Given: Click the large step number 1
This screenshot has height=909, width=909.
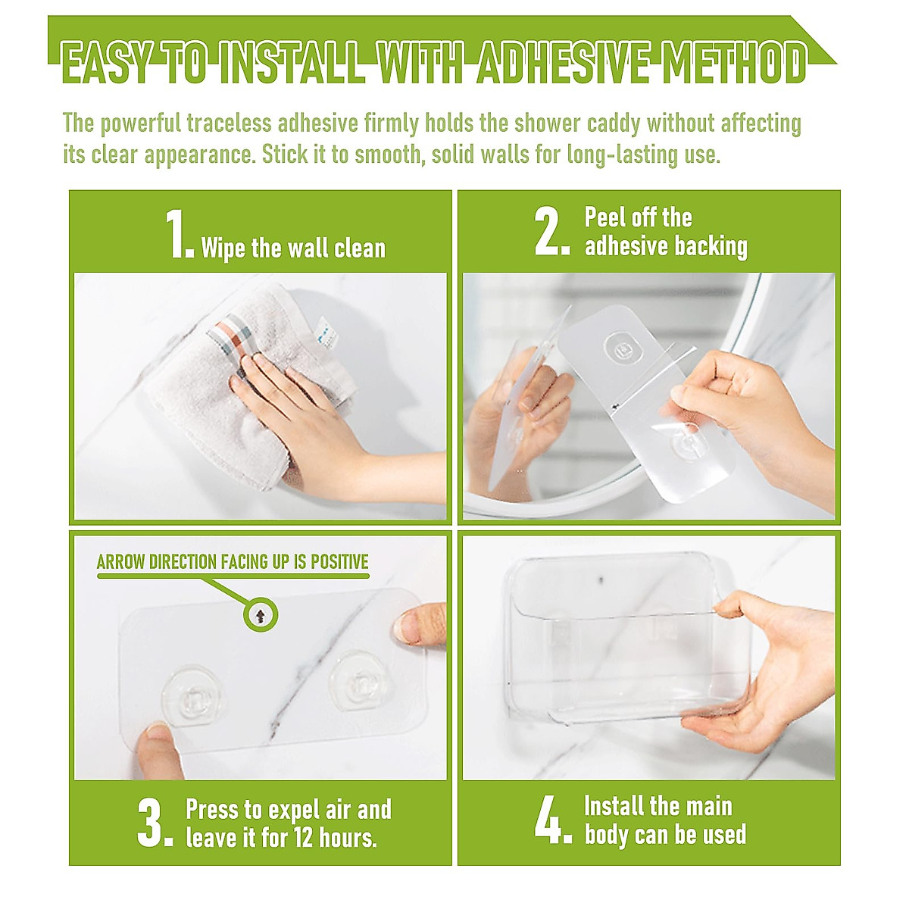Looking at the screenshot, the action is pos(180,234).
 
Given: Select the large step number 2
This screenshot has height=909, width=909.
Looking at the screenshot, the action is pos(552,232).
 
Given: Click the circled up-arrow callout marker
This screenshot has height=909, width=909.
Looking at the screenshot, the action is pos(261,614).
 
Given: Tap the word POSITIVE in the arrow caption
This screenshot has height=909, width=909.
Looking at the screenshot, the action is pos(339,562).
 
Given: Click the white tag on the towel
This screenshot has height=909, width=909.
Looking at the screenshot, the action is pos(326,333).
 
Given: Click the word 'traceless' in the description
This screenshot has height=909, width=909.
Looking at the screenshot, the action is pos(229,123).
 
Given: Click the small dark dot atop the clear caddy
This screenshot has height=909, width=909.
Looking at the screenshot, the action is pos(601,579).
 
